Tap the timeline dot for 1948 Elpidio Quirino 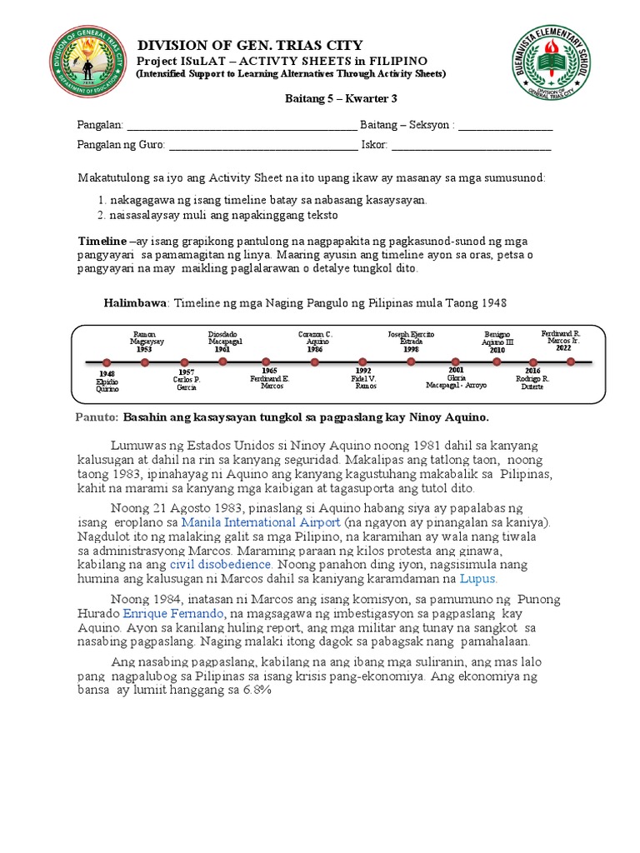click(x=106, y=362)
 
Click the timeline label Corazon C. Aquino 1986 click(x=315, y=342)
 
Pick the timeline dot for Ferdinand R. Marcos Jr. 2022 click(x=571, y=362)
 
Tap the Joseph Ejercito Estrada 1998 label click(x=411, y=342)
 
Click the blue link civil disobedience click(x=227, y=564)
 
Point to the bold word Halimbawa click(x=135, y=303)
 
